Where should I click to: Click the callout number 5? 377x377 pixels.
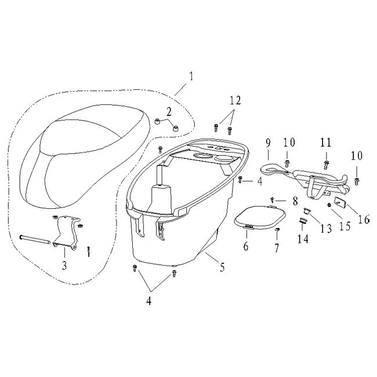point(222,267)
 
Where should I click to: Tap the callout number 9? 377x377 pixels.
point(268,143)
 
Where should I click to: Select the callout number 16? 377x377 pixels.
point(364,219)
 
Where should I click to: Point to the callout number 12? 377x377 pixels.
point(235,100)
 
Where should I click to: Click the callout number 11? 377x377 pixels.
point(326,143)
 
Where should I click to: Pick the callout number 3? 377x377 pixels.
point(64,265)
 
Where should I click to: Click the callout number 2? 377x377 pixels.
point(169,112)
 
